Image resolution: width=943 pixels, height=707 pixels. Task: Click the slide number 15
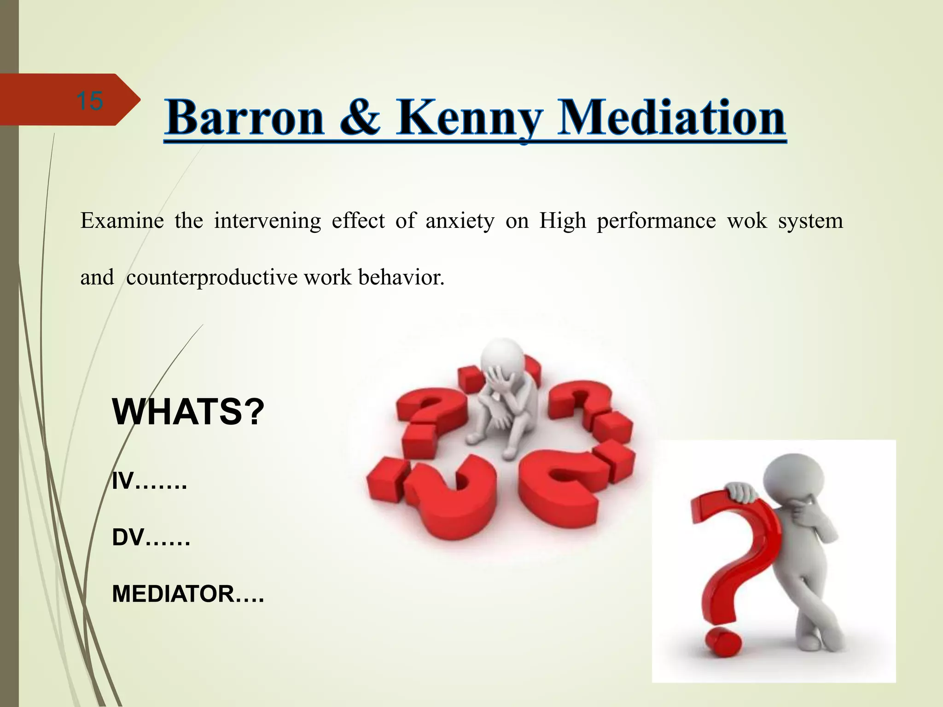[x=89, y=101]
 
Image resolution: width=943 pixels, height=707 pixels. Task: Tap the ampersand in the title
[x=361, y=118]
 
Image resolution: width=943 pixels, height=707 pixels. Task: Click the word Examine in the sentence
[x=122, y=220]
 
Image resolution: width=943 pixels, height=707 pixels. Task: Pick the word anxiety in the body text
[x=460, y=221]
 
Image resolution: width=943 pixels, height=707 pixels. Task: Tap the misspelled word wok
[x=746, y=220]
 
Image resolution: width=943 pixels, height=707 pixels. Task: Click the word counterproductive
[x=212, y=278]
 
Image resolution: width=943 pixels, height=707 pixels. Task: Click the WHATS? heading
[x=188, y=412]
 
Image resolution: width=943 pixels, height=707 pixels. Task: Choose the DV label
[x=128, y=538]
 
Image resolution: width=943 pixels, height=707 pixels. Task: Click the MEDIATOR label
[x=173, y=594]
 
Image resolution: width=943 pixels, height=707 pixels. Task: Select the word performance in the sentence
[x=656, y=221]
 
